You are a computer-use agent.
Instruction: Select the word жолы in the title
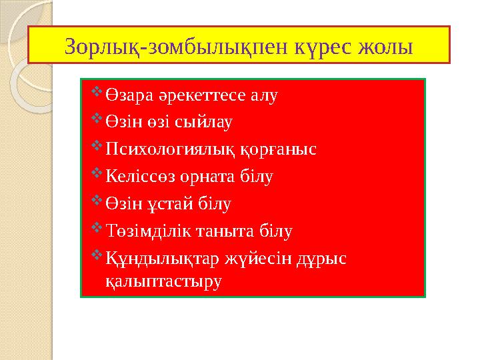pos(385,47)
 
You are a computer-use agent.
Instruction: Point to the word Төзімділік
pos(144,232)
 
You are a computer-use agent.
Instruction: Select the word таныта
pos(223,232)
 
